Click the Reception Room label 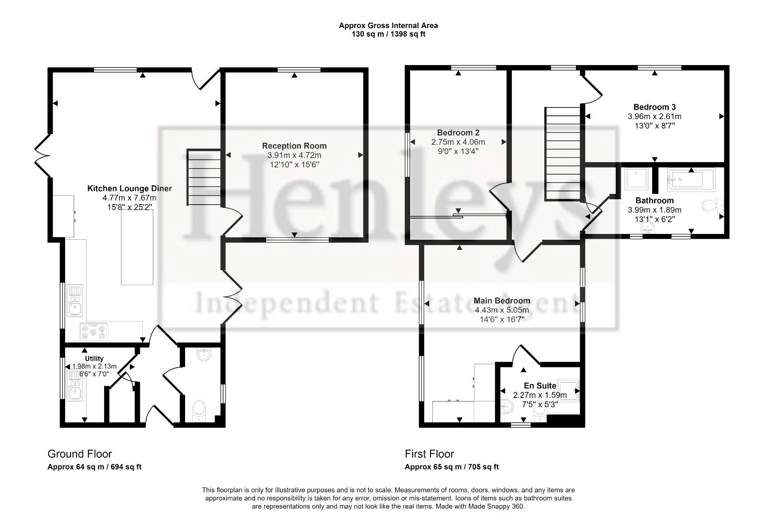tap(294, 146)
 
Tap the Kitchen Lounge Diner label tap(129, 189)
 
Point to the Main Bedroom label tap(501, 301)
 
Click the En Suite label tap(540, 386)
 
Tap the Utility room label tap(94, 358)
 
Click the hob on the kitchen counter tap(94, 332)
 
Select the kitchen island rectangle tap(137, 247)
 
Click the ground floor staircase tap(203, 178)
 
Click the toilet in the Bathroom tap(711, 206)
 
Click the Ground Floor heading tap(80, 454)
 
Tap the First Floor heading tap(429, 454)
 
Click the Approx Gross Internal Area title tap(388, 26)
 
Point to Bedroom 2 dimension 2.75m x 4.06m tap(458, 142)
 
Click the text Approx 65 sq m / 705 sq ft tap(451, 467)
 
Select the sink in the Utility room tap(75, 392)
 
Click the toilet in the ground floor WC tap(199, 411)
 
